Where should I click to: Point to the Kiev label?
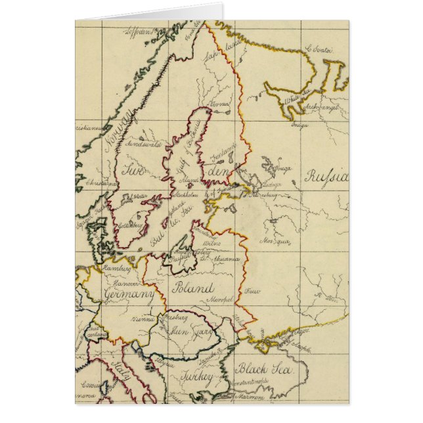pyautogui.click(x=252, y=290)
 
